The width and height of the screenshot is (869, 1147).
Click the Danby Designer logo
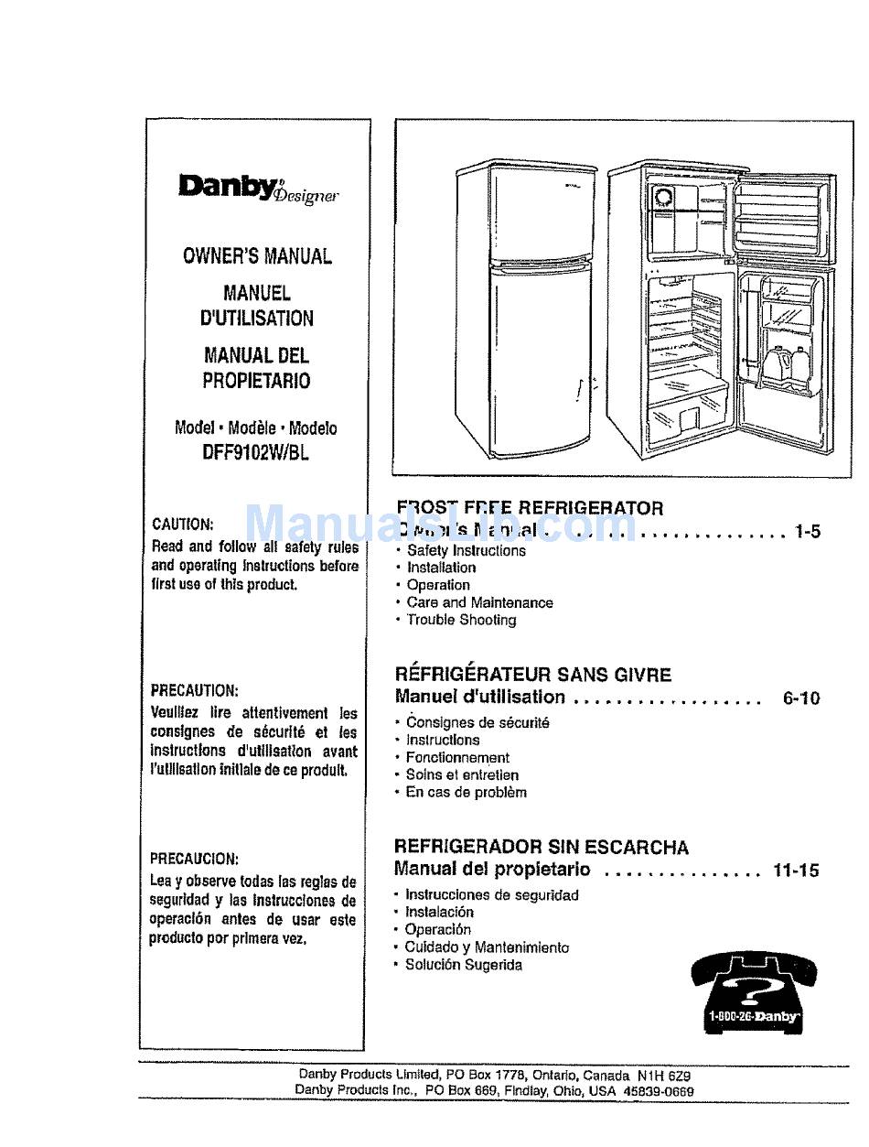click(259, 187)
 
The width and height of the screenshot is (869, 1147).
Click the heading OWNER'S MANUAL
click(257, 256)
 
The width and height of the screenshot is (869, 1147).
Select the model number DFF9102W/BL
click(256, 451)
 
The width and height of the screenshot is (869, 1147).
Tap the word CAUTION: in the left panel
click(183, 525)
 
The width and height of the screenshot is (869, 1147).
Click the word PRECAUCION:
click(194, 859)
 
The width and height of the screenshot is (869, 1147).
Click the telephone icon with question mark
click(754, 992)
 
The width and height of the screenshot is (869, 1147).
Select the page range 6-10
click(801, 698)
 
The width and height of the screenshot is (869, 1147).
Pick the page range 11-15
click(796, 870)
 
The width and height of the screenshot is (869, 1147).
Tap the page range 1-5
click(808, 530)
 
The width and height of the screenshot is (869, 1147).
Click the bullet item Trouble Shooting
click(461, 620)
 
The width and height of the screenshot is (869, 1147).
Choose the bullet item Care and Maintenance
click(479, 602)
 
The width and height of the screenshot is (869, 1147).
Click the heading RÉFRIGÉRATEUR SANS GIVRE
click(532, 675)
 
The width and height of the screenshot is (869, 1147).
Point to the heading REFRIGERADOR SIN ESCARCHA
click(541, 847)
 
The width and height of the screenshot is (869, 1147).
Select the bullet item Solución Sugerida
click(464, 965)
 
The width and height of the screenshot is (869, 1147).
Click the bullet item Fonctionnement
click(457, 757)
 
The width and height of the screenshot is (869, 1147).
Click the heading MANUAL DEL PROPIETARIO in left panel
click(256, 368)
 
